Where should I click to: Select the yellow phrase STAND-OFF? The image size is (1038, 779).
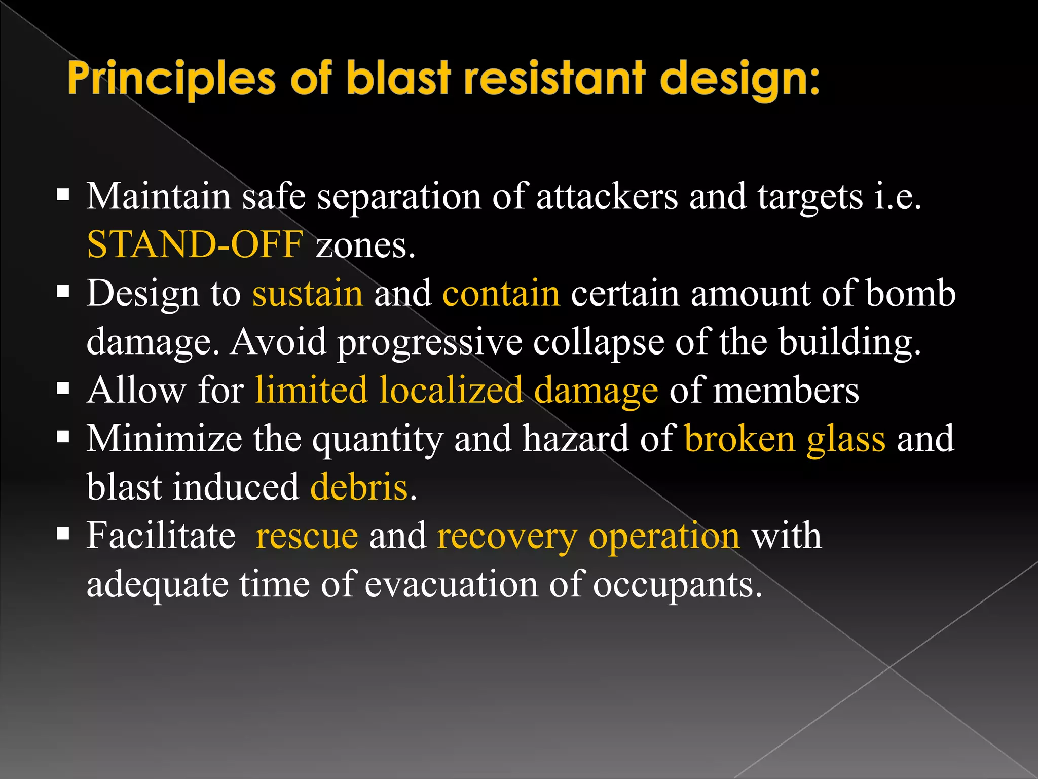[195, 245]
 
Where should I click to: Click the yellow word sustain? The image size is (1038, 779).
[308, 294]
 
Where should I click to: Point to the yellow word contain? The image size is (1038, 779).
[501, 294]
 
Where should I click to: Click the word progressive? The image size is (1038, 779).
[430, 342]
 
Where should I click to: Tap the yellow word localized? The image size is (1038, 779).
[451, 391]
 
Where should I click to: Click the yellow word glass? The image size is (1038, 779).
[846, 439]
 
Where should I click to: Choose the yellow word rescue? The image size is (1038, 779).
[307, 537]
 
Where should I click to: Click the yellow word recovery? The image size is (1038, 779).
[507, 537]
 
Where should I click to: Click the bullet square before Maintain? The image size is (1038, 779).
[63, 195]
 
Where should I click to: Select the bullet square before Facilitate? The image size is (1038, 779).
[63, 534]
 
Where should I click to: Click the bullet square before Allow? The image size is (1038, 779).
[63, 389]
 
